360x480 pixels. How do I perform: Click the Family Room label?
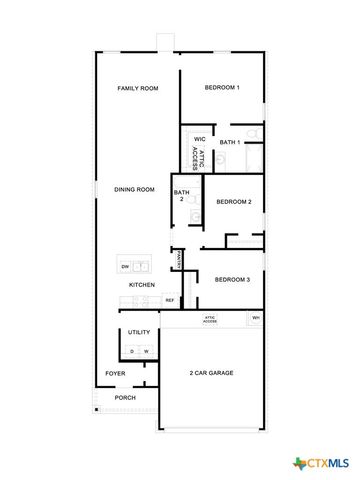pos(137,89)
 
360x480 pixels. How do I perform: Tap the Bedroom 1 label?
pos(222,88)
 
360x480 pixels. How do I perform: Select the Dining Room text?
pos(134,189)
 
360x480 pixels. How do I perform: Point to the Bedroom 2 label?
pos(233,202)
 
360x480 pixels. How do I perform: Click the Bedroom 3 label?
pos(233,279)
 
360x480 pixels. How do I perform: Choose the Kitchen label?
pos(141,286)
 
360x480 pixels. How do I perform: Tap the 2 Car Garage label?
pos(211,373)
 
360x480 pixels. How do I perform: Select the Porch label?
pos(124,398)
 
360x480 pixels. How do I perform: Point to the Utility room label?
pos(139,332)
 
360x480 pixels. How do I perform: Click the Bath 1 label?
pos(230,142)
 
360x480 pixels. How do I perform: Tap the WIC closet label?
pos(199,139)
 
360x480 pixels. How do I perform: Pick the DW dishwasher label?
pos(125,267)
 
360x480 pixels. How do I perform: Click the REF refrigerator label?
pos(170,299)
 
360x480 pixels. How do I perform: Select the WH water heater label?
pos(256,318)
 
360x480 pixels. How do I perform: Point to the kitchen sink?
pos(143,266)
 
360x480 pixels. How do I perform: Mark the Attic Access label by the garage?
pos(210,320)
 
